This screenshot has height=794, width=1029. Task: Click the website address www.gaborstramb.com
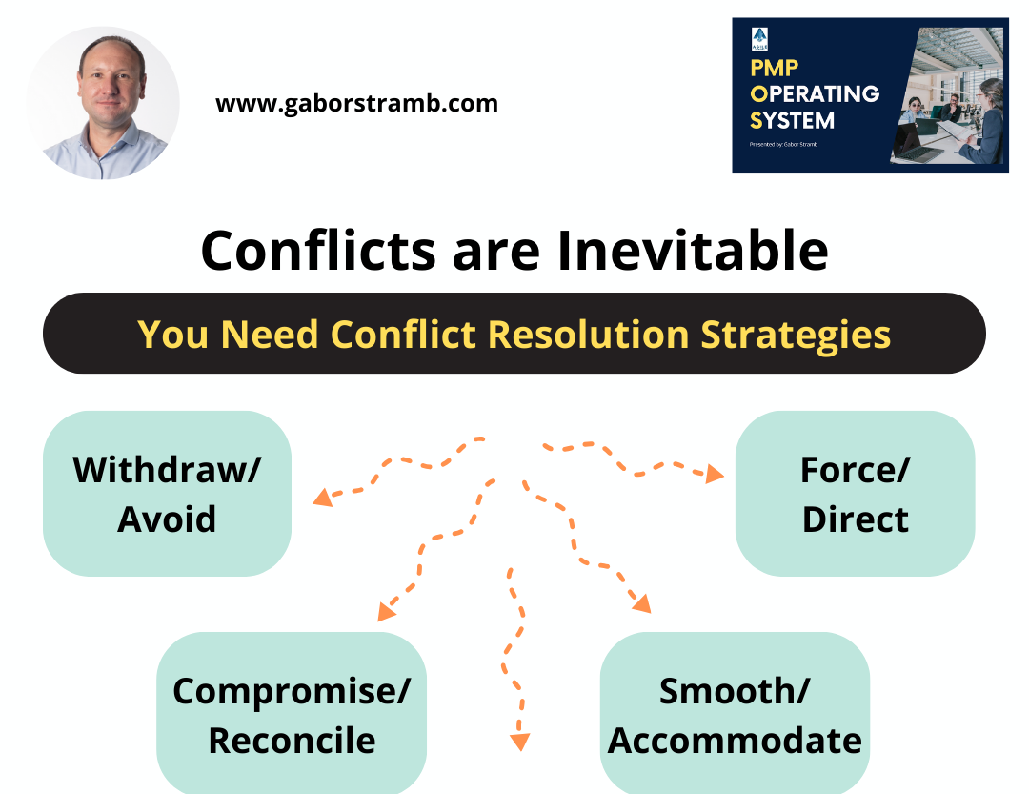coord(356,103)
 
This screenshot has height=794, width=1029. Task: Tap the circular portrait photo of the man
coord(103,103)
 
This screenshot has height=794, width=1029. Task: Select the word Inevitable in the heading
coord(693,251)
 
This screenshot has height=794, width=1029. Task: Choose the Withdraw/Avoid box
coord(167,494)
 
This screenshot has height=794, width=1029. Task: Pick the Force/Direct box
coord(855,494)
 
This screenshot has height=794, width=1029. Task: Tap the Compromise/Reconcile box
coord(292,715)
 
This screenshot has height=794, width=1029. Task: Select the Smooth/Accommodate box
coord(735,715)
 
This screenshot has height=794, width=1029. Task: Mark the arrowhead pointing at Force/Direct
coord(715,474)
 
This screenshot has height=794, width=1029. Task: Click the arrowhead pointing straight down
coord(519,742)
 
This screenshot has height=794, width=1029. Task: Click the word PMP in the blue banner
coord(774,69)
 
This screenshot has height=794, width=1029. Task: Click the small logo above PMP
coord(758,38)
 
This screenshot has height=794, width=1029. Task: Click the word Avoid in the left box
coord(167,519)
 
